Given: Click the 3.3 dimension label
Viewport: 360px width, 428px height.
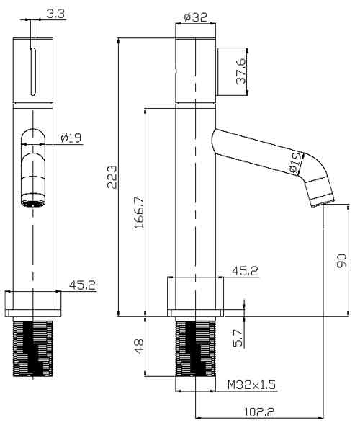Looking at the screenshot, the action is pos(55,14).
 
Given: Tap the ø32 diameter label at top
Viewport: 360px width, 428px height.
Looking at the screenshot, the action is pos(196,17).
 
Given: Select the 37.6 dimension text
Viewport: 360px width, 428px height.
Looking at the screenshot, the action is pos(240,71).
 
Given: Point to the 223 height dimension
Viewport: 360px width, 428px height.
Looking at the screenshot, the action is pos(112,177).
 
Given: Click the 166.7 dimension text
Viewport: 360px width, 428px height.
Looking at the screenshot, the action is pos(139,212).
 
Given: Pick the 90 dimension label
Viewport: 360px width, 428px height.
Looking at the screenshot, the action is pos(342,261).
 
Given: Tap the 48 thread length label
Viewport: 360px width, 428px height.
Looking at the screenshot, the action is pos(139,346).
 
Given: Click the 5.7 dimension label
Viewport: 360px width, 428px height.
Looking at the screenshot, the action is pos(238,338).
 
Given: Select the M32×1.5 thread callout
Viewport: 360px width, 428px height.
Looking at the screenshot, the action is pos(251,385).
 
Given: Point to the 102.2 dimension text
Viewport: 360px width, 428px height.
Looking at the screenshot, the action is pos(258,411).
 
